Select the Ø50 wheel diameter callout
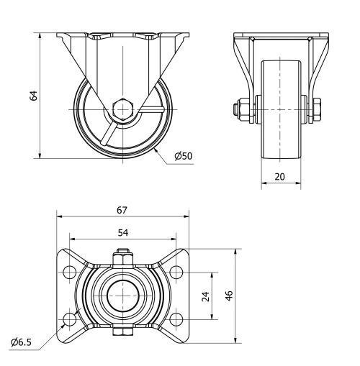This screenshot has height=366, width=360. pos(184,155)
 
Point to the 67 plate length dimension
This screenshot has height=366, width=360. pos(122,210)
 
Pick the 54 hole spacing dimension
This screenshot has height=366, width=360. pos(122,233)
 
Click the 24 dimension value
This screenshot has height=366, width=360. pos(206,296)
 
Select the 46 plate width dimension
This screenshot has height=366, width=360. pos(229,296)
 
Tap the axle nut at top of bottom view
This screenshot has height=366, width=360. pos(122,255)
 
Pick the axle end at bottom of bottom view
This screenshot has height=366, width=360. pos(122,332)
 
